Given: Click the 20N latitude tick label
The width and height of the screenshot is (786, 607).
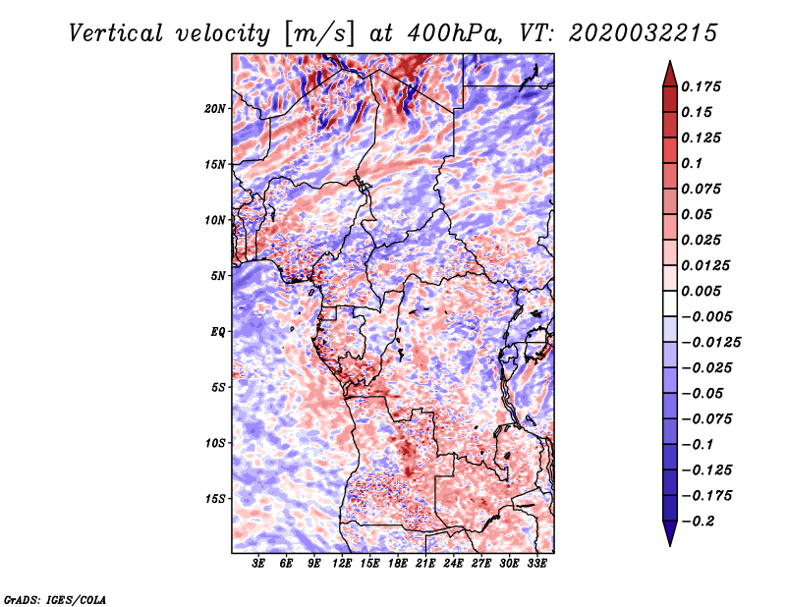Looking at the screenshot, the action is [x=214, y=109].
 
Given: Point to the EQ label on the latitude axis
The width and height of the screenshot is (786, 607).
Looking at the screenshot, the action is [x=217, y=332].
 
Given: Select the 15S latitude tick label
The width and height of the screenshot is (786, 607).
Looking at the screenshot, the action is [x=214, y=499].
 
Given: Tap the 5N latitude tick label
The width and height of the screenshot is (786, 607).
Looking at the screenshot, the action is [x=218, y=276].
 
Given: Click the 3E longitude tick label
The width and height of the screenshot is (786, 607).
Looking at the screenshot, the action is [x=258, y=563].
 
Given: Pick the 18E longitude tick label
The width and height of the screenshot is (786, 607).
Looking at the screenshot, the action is [x=398, y=563].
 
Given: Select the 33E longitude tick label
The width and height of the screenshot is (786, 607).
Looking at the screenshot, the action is [x=536, y=563].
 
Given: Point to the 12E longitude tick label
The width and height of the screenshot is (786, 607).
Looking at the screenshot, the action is [x=342, y=563].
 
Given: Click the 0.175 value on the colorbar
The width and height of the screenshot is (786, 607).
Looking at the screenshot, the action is [x=701, y=86].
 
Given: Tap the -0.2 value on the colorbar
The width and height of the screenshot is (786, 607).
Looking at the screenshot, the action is [x=698, y=522].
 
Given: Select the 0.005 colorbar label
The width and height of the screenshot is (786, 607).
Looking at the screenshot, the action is [x=701, y=291].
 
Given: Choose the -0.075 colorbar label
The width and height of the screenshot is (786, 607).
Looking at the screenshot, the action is [x=706, y=419].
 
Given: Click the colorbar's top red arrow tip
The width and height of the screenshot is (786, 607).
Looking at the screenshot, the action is [x=670, y=61].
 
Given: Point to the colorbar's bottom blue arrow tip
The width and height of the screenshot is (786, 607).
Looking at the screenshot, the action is [x=670, y=545].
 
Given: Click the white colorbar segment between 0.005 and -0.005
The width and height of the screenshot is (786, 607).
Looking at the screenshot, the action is [x=670, y=303].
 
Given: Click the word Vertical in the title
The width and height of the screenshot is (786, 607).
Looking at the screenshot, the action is [x=116, y=34].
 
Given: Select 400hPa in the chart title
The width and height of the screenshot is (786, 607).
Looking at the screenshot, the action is [x=454, y=34].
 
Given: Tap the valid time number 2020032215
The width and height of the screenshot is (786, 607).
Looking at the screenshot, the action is [x=644, y=33].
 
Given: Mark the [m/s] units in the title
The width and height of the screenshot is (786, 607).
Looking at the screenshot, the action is [x=319, y=34].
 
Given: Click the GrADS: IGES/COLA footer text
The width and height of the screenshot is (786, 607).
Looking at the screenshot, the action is [x=55, y=599].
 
